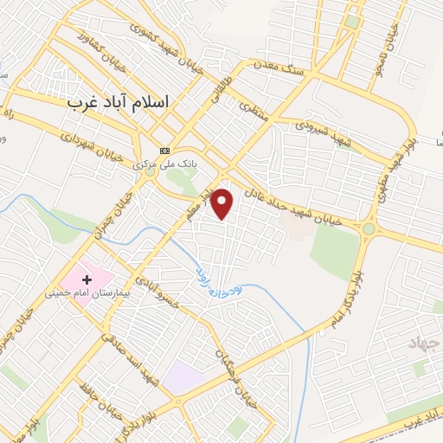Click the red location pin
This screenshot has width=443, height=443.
(222, 202)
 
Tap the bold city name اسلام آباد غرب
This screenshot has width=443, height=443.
(119, 101)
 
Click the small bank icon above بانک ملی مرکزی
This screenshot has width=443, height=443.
(164, 149)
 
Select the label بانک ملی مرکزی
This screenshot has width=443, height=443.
(164, 161)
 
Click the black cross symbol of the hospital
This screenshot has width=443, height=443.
(87, 279)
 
